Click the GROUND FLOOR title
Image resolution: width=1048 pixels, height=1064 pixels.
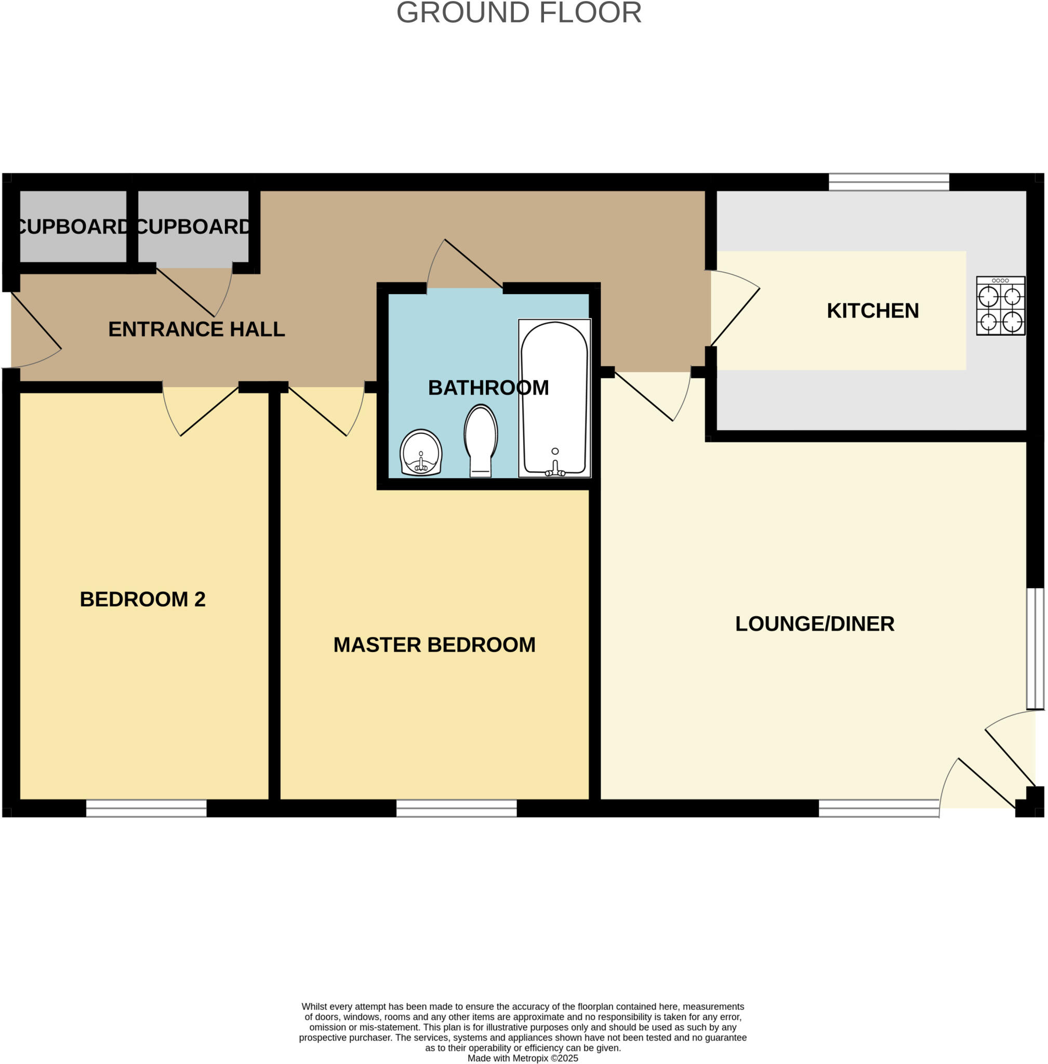coord(519,12)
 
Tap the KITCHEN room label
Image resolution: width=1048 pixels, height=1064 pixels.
coord(872,311)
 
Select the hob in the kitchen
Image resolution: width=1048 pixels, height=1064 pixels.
coord(1000,306)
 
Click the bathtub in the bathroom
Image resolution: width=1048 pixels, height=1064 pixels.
coord(554,396)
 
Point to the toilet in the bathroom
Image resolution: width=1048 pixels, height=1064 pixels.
coord(481,441)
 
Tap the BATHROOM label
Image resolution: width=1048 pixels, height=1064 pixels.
coord(488,388)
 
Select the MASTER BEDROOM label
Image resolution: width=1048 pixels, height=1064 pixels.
coord(434,645)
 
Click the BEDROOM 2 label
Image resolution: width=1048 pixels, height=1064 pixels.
coord(142,600)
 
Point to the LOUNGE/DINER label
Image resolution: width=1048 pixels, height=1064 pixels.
coord(815,624)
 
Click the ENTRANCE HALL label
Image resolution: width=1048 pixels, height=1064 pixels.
coord(196,329)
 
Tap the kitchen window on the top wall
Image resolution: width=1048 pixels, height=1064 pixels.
coord(888,182)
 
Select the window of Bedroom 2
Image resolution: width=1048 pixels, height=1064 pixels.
coord(147,808)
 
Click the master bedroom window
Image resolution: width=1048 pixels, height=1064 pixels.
coord(456,808)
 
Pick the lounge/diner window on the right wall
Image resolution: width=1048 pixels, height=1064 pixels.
coord(1035,648)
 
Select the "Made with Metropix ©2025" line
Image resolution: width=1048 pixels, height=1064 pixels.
coord(522,1058)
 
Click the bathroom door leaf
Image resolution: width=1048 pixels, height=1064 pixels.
coord(473,263)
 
